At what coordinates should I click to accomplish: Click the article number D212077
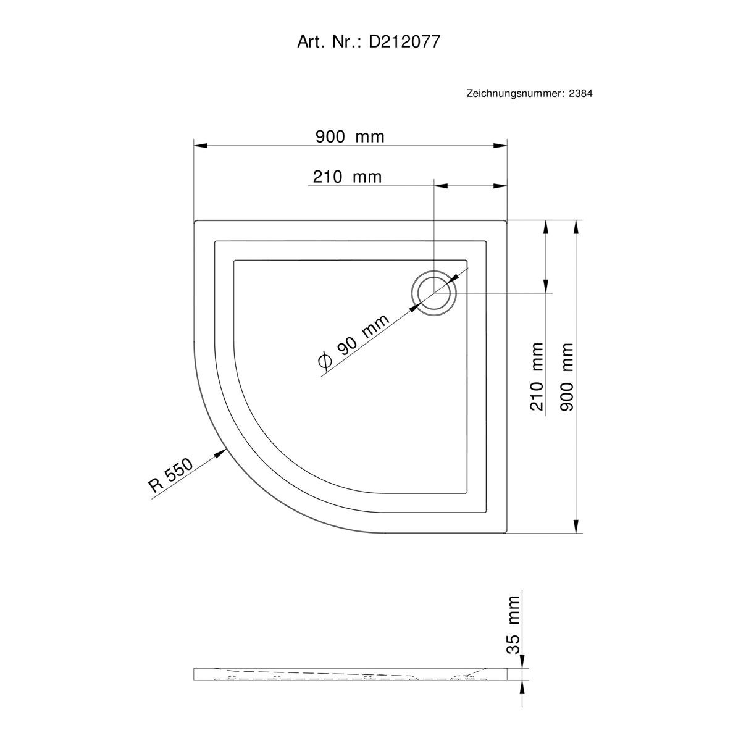[404, 42]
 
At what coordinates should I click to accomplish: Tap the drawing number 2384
[580, 93]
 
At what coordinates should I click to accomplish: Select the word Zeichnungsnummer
[515, 94]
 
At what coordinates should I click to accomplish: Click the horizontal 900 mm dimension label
[350, 137]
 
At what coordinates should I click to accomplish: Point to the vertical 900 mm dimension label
[567, 377]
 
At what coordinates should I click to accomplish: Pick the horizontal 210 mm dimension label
[347, 177]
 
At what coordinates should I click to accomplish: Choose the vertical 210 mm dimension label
[537, 377]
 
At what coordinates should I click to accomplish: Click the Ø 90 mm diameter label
[354, 342]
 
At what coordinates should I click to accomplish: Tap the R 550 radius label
[170, 475]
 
